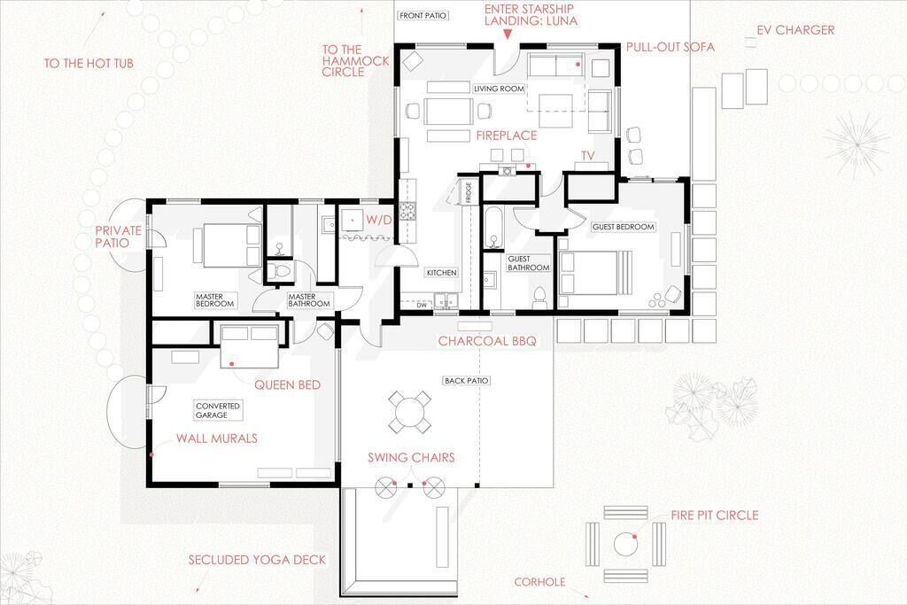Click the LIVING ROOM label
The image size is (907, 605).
[499, 89]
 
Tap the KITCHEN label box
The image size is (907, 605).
[441, 273]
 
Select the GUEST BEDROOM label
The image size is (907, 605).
[623, 227]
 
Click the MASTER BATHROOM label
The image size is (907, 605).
[309, 300]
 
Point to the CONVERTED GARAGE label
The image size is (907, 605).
[218, 411]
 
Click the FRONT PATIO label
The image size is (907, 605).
[422, 16]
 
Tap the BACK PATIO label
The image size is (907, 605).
[466, 381]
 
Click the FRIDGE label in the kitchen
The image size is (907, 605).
[468, 192]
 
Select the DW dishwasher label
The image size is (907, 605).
[422, 306]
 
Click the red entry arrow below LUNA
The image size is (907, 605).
[508, 35]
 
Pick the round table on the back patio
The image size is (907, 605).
[409, 412]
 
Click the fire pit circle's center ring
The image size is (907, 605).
[624, 544]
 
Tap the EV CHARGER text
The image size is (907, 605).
[795, 30]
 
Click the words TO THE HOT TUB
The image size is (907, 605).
[89, 63]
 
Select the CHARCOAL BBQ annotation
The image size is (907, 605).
[487, 341]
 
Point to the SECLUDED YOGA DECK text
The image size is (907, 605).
[257, 560]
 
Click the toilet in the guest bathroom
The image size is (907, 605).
[539, 296]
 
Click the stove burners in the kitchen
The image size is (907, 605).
[407, 211]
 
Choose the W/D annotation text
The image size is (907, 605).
[379, 220]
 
